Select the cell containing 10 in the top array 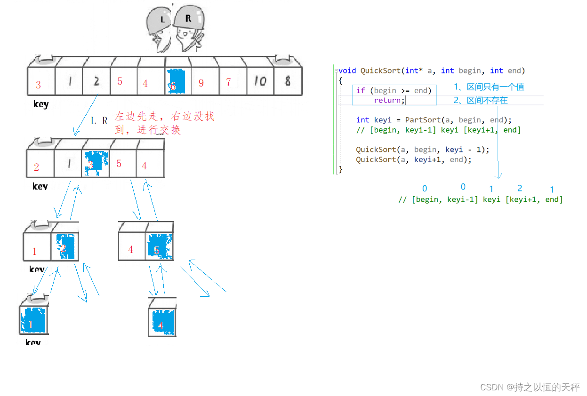coord(260,82)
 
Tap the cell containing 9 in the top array coord(201,83)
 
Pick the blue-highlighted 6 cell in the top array coord(176,82)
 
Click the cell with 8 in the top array coord(288,81)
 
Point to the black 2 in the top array coord(96,81)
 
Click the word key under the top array coord(41,104)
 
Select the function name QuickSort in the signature coord(380,71)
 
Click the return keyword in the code coord(387,100)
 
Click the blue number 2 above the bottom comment coord(520,188)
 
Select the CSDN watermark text coord(530,387)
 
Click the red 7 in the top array coord(228,83)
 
